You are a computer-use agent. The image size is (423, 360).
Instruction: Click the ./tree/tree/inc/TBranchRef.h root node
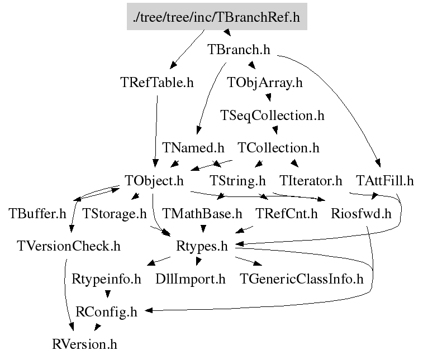pos(216,17)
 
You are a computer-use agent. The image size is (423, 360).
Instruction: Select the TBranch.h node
pos(239,50)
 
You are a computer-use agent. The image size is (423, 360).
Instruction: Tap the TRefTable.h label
pos(157,83)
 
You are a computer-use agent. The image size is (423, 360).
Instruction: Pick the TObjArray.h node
pos(265,83)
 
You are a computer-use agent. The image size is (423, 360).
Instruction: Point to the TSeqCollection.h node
pos(272,116)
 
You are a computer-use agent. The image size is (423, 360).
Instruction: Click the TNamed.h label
pos(193,148)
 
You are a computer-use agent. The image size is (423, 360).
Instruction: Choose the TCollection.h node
pos(278,148)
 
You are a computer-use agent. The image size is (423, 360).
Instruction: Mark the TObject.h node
pos(155,181)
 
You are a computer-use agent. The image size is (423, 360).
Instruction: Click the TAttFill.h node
pos(385,181)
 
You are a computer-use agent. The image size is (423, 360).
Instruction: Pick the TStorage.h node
pos(115,213)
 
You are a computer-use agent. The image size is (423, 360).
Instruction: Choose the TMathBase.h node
pos(202,213)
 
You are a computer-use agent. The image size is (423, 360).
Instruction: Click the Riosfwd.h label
pos(361,213)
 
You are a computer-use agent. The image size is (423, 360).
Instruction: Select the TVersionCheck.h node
pos(69,246)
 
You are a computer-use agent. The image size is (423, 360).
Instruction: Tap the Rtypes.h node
pos(202,246)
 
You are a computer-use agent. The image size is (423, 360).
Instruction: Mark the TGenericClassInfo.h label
pos(302,279)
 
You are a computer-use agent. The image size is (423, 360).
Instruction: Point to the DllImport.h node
pos(190,279)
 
